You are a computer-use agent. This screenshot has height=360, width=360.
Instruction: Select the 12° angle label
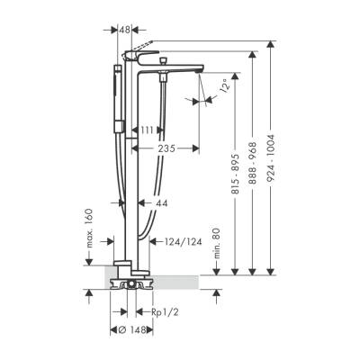tap(221, 86)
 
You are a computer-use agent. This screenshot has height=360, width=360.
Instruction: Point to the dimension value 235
tap(162, 148)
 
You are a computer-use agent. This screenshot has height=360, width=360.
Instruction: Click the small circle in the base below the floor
tap(132, 288)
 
